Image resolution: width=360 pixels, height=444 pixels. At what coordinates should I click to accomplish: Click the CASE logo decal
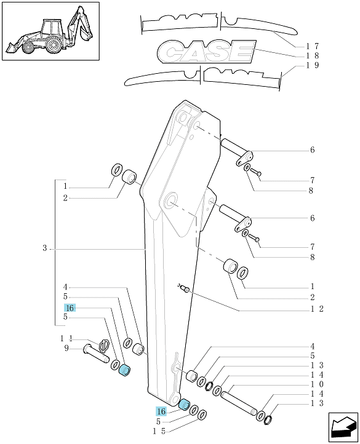[206, 51]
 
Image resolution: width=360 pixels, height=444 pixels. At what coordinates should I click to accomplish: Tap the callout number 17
[313, 46]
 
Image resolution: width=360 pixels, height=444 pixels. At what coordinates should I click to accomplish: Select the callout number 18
[313, 55]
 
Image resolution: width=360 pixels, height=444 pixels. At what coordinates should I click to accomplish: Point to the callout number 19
[313, 65]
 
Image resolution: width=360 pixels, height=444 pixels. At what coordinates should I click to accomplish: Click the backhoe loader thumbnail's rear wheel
[54, 45]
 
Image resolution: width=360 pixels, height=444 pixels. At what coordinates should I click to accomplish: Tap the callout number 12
[317, 309]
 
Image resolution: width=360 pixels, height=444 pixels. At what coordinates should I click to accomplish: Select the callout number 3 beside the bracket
[44, 248]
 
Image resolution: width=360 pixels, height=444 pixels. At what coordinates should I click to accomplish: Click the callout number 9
[66, 348]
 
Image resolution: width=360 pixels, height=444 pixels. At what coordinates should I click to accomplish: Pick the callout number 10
[317, 384]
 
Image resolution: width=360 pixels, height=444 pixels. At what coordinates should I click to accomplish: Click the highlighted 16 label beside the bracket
[70, 308]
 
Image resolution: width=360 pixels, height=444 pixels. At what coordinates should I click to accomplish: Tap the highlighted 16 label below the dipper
[161, 411]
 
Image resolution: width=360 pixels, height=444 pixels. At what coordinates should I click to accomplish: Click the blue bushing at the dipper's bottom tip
[185, 404]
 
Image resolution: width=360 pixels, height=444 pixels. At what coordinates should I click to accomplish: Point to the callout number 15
[159, 431]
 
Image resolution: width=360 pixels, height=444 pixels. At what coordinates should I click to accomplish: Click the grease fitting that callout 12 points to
[185, 289]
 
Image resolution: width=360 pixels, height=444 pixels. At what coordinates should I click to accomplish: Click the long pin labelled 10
[239, 403]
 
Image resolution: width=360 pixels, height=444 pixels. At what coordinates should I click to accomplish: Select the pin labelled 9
[96, 354]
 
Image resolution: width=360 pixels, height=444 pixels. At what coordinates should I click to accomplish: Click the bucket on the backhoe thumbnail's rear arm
[86, 33]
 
